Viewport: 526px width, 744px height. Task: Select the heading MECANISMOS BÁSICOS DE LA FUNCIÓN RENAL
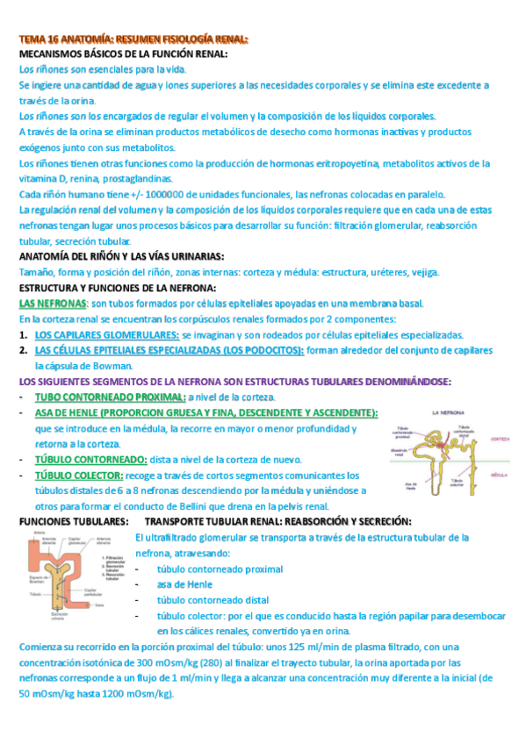[x=123, y=54]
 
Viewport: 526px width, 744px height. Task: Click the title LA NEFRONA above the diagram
[x=448, y=412]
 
